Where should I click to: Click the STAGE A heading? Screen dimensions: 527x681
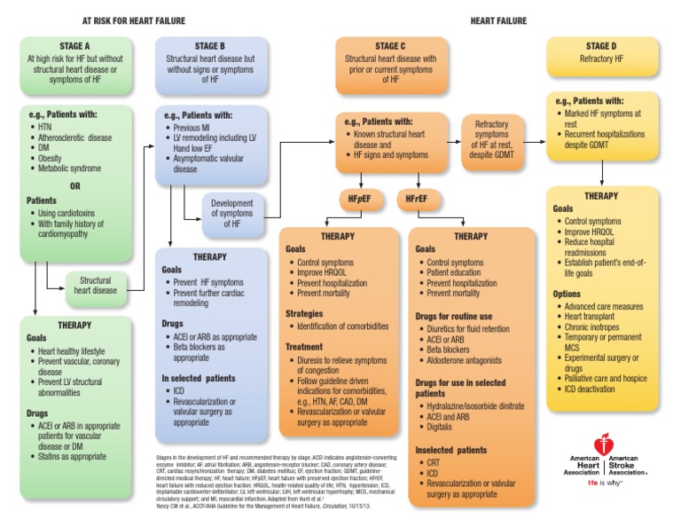tap(78, 46)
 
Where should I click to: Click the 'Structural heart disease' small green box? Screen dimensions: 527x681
tap(96, 285)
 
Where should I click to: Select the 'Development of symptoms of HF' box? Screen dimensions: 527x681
tap(232, 215)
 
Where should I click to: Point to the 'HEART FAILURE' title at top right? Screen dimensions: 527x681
tap(497, 20)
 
